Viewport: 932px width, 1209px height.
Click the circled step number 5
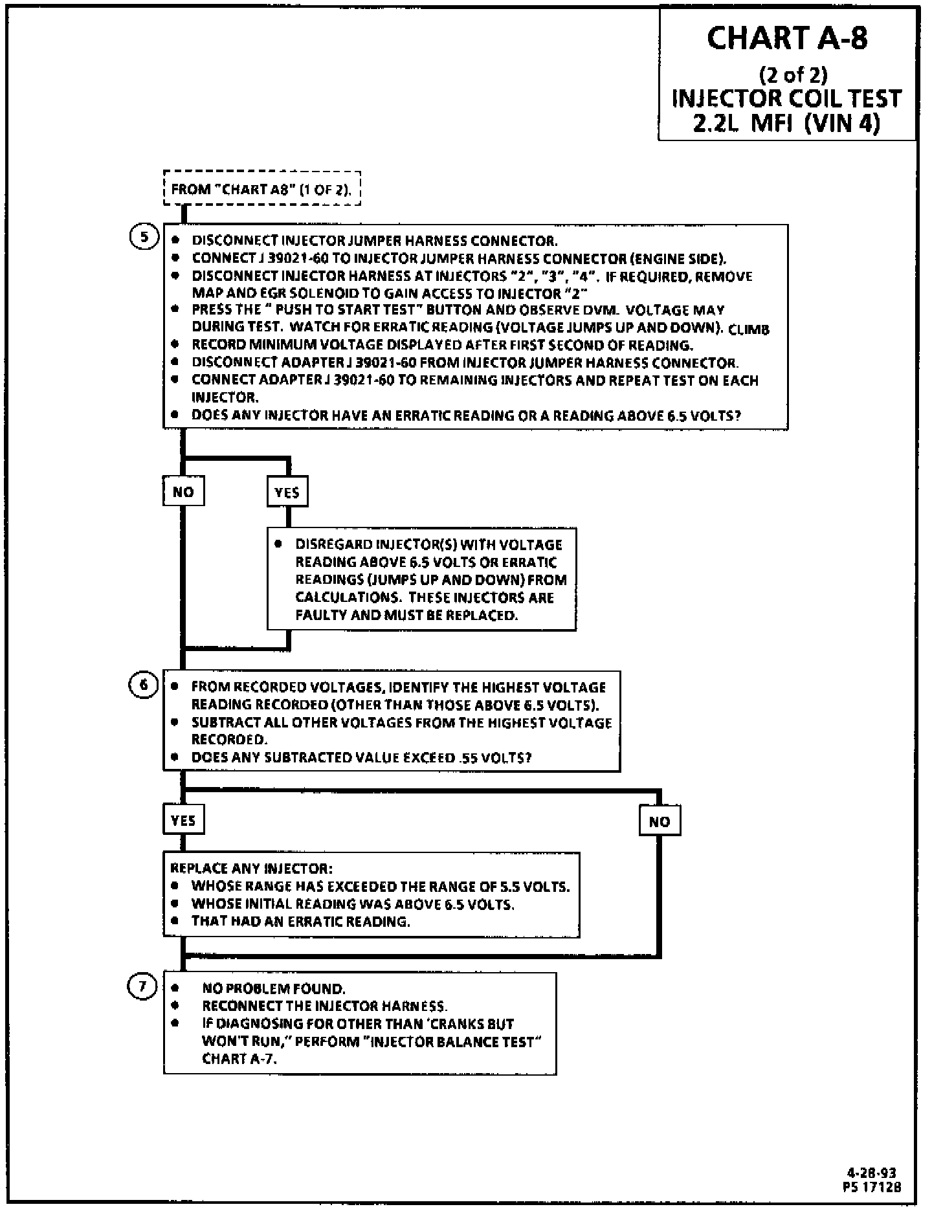pos(144,237)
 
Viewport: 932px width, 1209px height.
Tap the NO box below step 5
pos(183,492)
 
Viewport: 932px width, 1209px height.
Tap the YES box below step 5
pos(287,492)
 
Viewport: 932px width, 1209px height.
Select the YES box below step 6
pos(183,821)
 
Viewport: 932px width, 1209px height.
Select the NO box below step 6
pos(659,821)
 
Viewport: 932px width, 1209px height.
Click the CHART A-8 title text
pos(787,38)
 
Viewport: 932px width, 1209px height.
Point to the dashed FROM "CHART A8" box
pos(261,189)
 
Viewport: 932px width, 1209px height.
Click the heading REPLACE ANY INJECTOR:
pos(251,868)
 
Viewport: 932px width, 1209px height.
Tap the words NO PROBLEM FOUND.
pos(274,988)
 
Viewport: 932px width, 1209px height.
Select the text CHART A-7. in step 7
pos(244,1059)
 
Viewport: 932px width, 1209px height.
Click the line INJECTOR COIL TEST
pos(787,98)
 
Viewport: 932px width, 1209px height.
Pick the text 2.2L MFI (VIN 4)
pos(787,122)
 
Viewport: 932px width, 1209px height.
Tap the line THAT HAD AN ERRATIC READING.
pos(300,921)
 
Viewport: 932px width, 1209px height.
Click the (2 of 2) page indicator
pos(793,75)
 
